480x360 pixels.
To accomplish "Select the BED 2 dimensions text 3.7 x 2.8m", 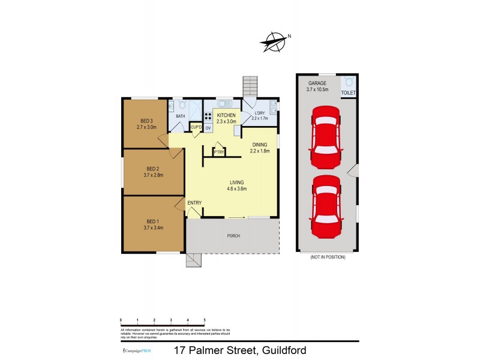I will point(154,175).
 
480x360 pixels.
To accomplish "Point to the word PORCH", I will point(233,236).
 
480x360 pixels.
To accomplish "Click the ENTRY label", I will point(194,203).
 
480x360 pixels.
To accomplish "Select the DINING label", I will point(260,144).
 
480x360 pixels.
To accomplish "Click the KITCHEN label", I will point(227,115).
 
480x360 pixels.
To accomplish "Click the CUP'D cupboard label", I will point(196,127).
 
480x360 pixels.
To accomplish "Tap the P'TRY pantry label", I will point(218,152).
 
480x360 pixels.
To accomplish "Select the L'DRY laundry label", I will point(260,113).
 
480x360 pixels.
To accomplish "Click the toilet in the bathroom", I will point(182,106).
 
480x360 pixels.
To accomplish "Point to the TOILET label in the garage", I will point(348,93).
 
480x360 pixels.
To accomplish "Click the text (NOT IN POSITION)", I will point(328,257).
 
